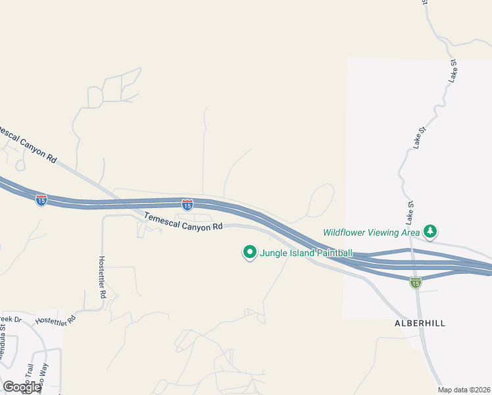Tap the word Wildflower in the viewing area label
pos(344,232)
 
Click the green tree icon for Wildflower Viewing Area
pos(430,231)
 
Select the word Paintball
pos(332,253)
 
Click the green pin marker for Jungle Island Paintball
pos(249,252)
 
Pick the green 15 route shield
pos(415,282)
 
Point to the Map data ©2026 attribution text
pos(464,390)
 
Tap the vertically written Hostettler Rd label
pos(102,277)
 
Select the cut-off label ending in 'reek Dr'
pos(11,321)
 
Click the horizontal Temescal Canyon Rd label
pos(184,221)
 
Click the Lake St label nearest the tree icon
pos(410,211)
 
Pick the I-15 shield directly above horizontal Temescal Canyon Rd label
pos(187,205)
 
